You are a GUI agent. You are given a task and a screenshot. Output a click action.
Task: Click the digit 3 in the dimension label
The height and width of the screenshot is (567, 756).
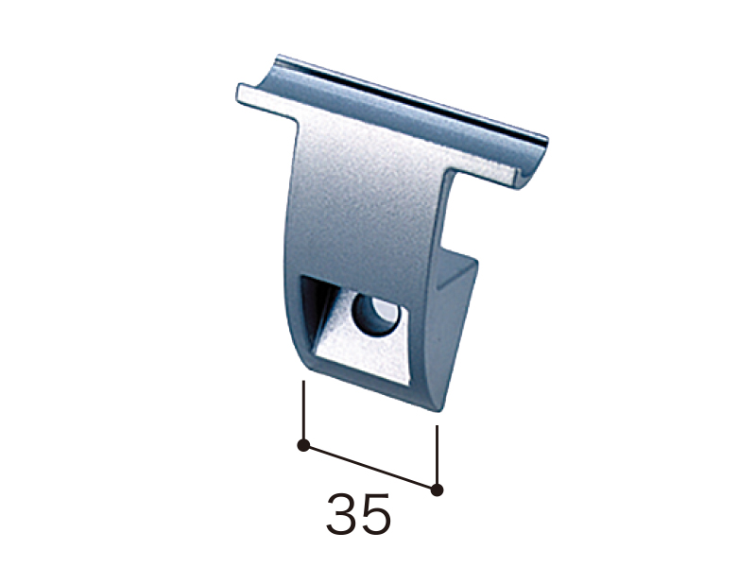click(341, 513)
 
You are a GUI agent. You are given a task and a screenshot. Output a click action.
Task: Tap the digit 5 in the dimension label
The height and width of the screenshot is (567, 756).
click(375, 514)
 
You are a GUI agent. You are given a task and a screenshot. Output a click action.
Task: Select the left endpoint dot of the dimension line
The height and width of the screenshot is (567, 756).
click(303, 445)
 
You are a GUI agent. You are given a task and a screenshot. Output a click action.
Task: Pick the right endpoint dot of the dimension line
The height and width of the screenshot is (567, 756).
click(437, 490)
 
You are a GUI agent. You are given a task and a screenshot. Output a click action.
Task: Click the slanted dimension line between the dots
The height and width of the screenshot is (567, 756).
click(370, 468)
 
